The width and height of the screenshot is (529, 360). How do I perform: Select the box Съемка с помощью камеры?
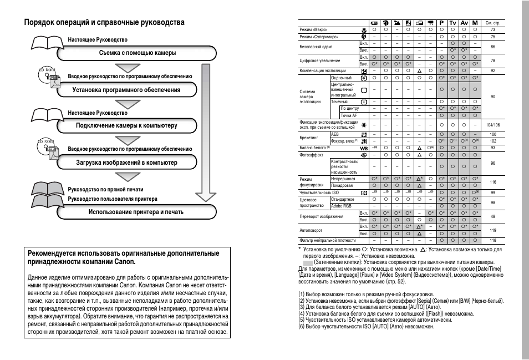(x=138, y=53)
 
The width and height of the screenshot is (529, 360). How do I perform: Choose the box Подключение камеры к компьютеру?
(x=126, y=126)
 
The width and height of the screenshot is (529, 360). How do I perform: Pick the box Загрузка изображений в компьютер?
(x=126, y=163)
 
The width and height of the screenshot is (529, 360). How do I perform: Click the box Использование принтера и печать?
(x=136, y=212)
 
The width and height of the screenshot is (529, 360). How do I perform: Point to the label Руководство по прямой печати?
(x=105, y=190)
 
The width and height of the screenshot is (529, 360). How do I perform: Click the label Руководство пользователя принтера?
(x=113, y=199)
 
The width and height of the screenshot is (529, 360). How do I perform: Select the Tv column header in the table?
(x=453, y=23)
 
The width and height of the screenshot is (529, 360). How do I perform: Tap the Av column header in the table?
(x=465, y=23)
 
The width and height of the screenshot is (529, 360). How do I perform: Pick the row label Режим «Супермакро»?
(x=319, y=37)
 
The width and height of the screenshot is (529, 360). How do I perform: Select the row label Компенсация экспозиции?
(x=323, y=71)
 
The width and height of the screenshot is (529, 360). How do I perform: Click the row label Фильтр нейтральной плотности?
(x=328, y=240)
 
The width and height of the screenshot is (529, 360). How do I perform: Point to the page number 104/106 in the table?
(x=493, y=125)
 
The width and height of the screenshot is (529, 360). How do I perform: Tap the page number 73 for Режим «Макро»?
(x=493, y=29)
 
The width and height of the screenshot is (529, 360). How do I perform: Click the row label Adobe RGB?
(x=341, y=205)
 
